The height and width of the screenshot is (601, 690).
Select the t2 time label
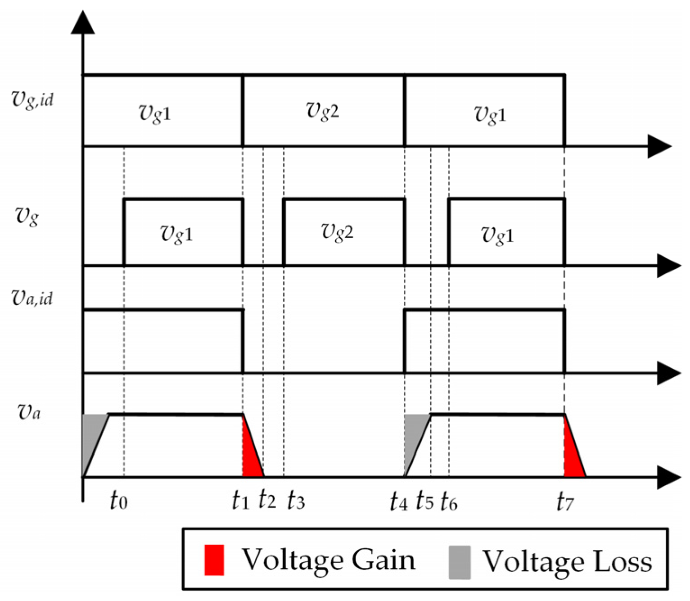(x=267, y=500)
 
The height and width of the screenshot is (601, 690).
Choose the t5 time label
(x=425, y=501)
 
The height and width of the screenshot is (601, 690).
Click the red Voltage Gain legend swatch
(x=214, y=560)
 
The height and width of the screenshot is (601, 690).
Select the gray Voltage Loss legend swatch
(x=460, y=562)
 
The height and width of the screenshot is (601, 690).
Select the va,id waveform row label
(x=32, y=298)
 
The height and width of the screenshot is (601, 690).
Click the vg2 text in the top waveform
(x=323, y=110)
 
